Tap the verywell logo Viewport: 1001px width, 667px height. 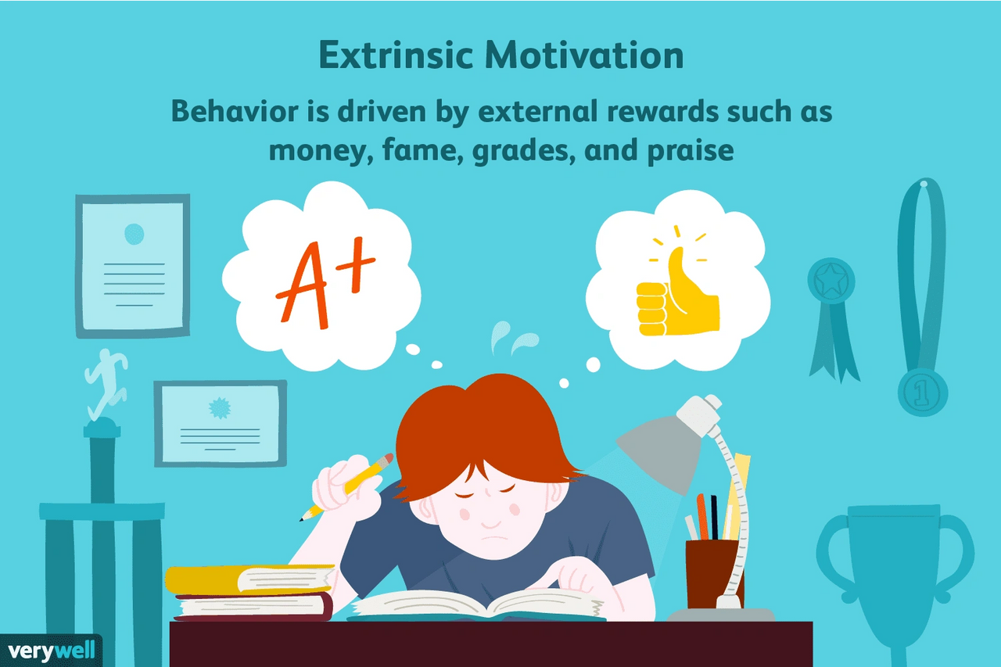[51, 649]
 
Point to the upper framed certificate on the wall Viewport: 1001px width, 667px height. [132, 266]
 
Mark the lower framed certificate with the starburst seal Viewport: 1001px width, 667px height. [220, 422]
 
